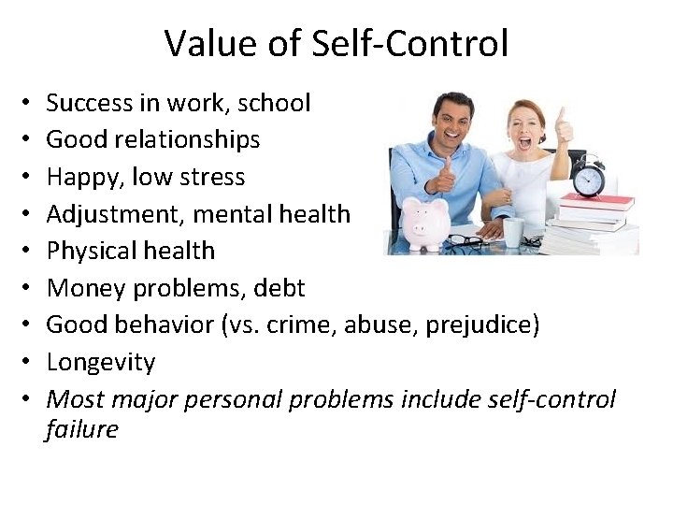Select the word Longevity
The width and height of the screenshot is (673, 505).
100,362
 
